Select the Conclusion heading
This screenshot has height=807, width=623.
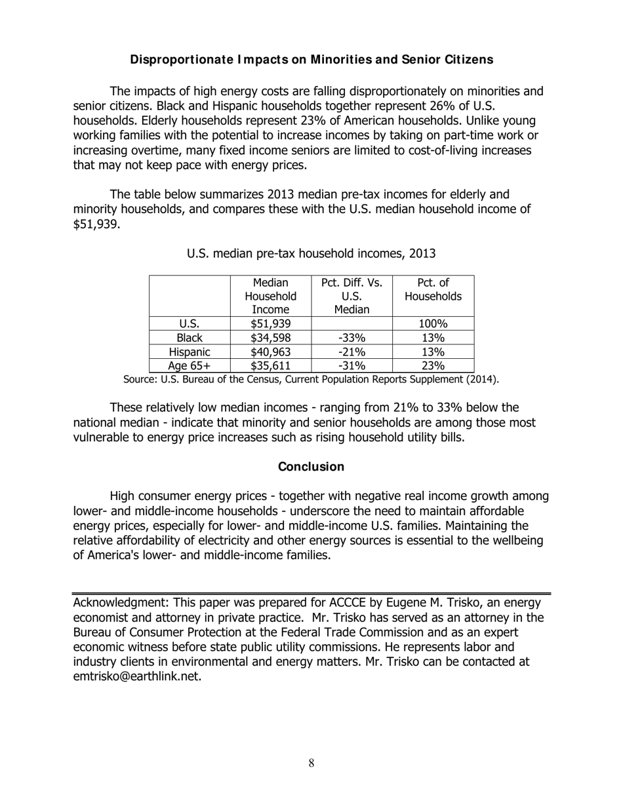(x=311, y=466)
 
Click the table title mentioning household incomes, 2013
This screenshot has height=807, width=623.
(x=311, y=253)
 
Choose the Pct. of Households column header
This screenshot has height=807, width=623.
(x=433, y=289)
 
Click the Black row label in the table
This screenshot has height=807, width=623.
(x=190, y=338)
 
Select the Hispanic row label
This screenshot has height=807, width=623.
(x=190, y=352)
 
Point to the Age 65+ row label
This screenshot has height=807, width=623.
(x=190, y=366)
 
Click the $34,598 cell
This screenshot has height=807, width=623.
(x=271, y=338)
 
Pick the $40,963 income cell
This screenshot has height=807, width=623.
(x=271, y=352)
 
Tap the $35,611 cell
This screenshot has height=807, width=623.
(x=271, y=366)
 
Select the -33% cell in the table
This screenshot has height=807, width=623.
(x=352, y=338)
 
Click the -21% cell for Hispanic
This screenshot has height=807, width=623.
(x=352, y=352)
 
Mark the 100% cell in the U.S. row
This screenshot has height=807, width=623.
(x=433, y=323)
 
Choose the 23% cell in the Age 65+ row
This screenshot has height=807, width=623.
(x=433, y=366)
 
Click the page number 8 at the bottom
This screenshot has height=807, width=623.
(x=311, y=763)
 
